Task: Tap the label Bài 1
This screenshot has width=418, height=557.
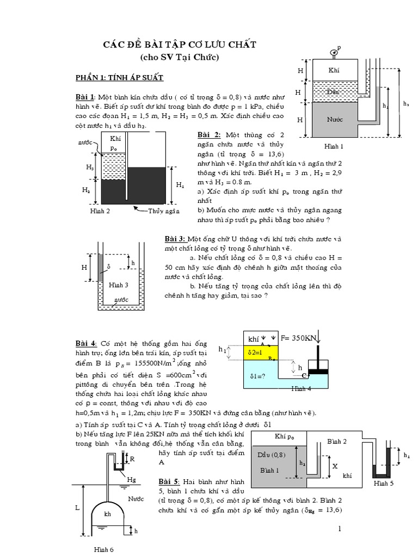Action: tap(85, 97)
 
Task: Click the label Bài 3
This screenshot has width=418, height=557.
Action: tap(176, 239)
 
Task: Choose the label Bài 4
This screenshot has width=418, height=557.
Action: tap(85, 343)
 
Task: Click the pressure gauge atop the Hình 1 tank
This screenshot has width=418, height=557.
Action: tap(335, 52)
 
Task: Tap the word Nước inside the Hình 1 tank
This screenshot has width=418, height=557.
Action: tap(334, 118)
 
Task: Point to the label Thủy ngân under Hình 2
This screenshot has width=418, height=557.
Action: tap(163, 211)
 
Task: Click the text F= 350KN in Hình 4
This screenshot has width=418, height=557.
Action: tap(298, 338)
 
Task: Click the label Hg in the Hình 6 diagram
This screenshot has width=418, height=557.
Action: tap(131, 479)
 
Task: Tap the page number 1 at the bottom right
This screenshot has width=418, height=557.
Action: tap(340, 529)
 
